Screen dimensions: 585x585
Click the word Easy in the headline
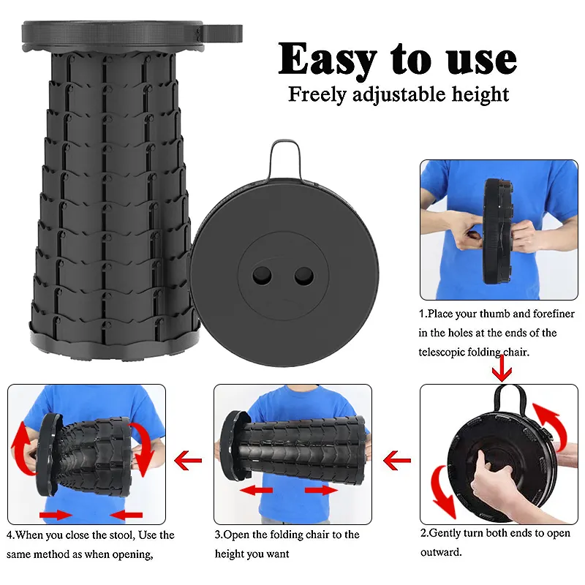328,60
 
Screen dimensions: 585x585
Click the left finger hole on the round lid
263,276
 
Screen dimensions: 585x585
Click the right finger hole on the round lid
304,276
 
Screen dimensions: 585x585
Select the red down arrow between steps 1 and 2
502,369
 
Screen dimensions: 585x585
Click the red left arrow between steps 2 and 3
397,461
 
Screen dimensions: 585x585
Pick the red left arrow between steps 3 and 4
188,461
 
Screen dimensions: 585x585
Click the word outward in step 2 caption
440,553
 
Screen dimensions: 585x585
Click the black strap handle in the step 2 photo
510,399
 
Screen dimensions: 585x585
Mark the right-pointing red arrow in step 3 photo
321,490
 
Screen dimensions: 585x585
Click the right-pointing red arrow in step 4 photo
56,516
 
